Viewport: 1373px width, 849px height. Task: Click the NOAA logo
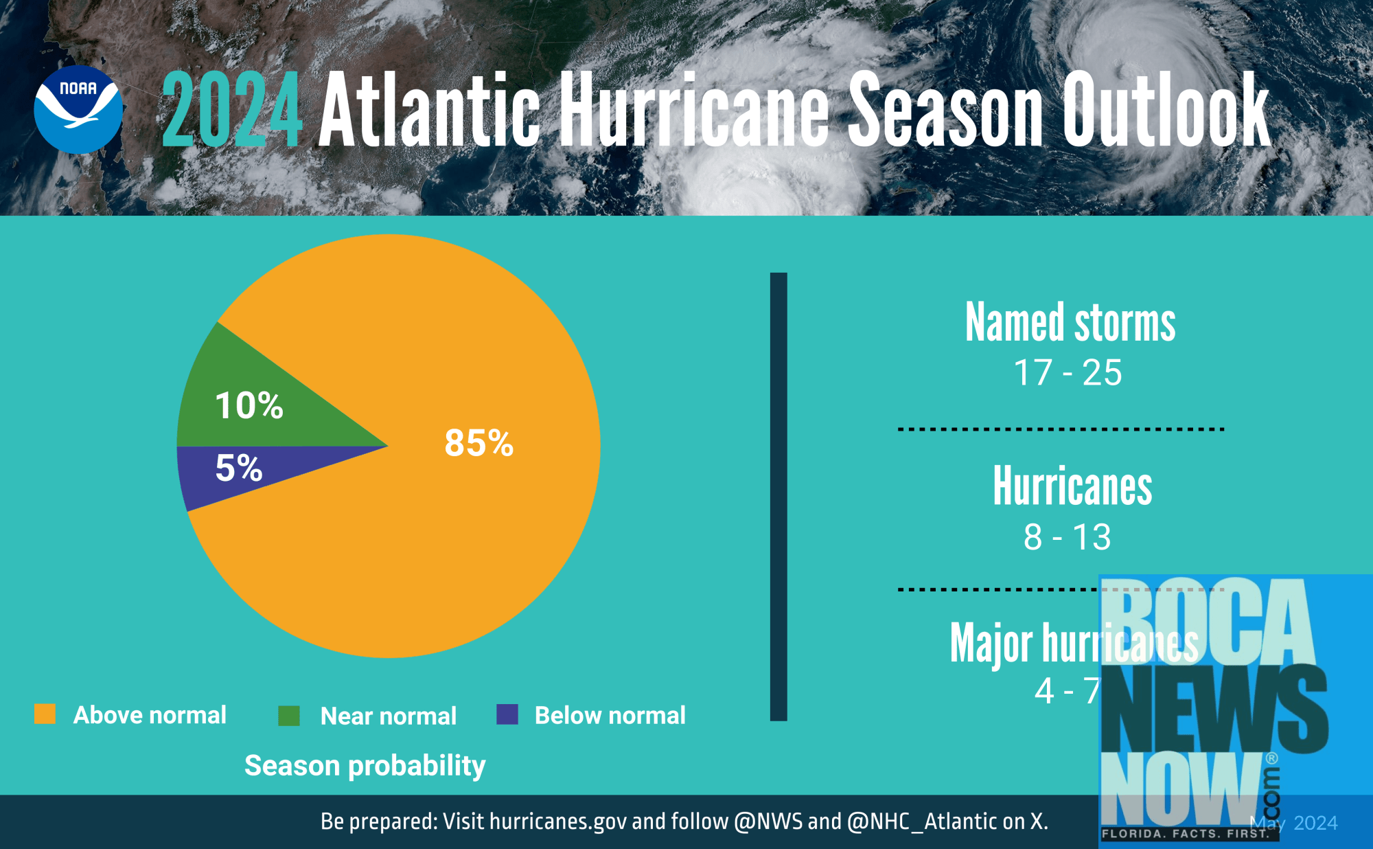point(78,110)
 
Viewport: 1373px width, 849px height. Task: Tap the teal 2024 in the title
point(232,110)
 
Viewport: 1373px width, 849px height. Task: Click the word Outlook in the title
point(1166,110)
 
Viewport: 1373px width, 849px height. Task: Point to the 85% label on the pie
point(478,443)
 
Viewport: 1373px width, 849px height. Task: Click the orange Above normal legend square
point(45,714)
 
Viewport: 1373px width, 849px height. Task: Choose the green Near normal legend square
point(289,716)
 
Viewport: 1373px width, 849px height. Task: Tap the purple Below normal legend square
point(507,714)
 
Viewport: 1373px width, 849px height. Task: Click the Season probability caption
point(365,766)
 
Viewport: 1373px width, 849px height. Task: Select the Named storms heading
point(1070,322)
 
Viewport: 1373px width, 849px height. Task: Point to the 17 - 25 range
point(1068,373)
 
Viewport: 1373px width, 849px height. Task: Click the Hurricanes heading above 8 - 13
point(1072,486)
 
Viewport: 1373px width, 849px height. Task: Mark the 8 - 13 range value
point(1067,537)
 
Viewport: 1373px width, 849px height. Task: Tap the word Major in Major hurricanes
point(991,644)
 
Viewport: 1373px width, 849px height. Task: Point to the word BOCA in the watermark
point(1208,622)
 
